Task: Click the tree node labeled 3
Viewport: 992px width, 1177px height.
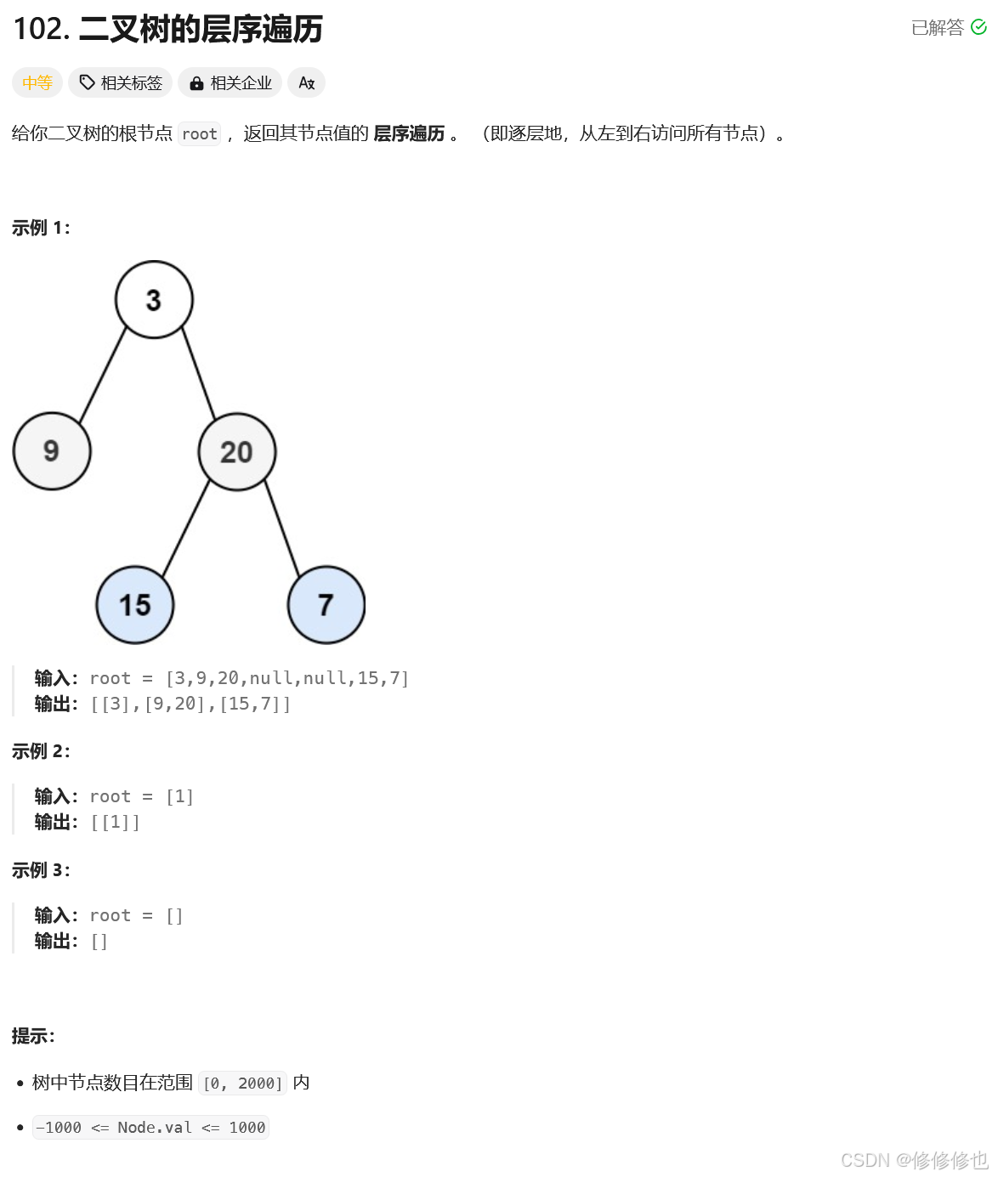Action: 154,299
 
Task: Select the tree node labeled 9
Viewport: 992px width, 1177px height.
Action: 52,450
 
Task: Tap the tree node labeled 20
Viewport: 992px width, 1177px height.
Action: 237,451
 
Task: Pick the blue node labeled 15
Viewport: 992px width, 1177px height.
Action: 135,604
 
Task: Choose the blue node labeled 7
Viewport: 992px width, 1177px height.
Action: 326,604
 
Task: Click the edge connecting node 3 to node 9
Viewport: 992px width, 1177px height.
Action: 102,376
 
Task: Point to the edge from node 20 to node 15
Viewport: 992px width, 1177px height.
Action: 185,529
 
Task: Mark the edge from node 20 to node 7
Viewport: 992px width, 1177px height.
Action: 282,529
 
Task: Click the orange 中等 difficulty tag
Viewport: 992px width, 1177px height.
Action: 37,82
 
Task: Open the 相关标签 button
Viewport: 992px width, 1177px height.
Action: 121,82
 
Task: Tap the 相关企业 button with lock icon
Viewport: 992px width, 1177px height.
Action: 230,82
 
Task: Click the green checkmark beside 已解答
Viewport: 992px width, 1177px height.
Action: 978,27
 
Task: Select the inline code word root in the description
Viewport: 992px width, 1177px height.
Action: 200,133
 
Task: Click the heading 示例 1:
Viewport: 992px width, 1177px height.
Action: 41,228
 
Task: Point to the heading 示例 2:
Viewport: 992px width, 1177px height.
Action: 41,751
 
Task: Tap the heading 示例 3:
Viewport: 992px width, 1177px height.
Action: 41,870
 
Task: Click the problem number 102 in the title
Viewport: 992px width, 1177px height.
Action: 40,29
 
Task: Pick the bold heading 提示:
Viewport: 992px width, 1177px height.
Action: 33,1036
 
